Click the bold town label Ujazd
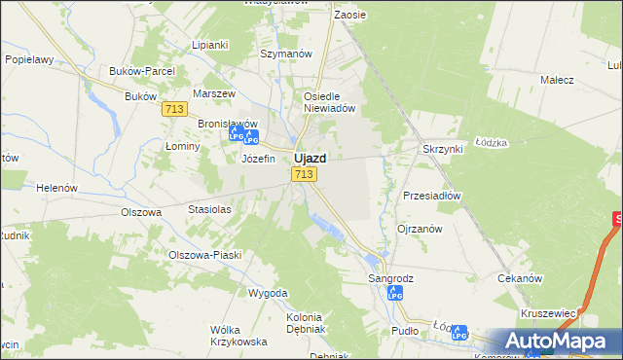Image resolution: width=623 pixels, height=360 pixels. pyautogui.click(x=310, y=157)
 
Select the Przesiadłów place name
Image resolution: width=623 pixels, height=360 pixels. pyautogui.click(x=431, y=195)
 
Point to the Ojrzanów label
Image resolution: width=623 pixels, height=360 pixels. pyautogui.click(x=420, y=229)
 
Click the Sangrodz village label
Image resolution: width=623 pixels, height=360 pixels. pyautogui.click(x=390, y=278)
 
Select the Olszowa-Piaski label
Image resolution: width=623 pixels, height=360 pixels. pyautogui.click(x=204, y=255)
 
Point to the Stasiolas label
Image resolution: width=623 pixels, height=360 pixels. pyautogui.click(x=209, y=209)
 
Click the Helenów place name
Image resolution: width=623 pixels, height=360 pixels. pyautogui.click(x=56, y=187)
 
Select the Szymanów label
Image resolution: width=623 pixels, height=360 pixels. pyautogui.click(x=285, y=54)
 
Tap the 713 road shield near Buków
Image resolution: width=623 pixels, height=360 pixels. pyautogui.click(x=174, y=110)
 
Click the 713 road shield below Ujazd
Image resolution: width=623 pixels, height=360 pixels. pyautogui.click(x=303, y=174)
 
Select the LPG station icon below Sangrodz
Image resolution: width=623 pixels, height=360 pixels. pyautogui.click(x=394, y=293)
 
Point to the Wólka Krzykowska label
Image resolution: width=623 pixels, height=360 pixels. pyautogui.click(x=238, y=336)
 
